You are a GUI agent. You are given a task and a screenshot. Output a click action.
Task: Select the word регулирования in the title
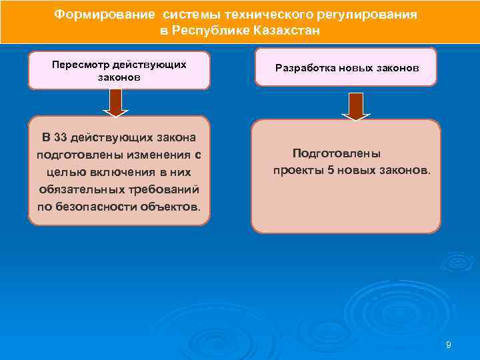374,15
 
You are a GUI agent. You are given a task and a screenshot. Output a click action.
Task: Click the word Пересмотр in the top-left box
78,65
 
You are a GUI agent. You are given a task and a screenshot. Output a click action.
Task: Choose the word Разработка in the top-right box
304,69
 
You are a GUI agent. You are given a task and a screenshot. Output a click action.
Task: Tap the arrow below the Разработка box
357,106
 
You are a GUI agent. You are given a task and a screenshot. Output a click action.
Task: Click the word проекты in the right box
298,170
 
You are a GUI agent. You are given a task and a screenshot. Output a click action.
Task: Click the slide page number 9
448,344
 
